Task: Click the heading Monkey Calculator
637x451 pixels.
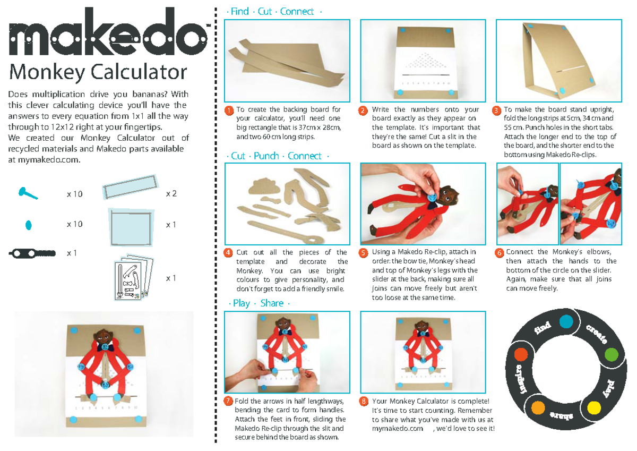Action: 98,72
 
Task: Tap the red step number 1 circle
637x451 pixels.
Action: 229,110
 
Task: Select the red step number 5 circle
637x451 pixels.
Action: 364,253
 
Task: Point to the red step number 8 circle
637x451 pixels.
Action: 364,401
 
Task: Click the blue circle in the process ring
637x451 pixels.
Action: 566,321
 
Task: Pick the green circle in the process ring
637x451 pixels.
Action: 612,354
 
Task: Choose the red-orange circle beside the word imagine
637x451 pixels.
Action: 521,354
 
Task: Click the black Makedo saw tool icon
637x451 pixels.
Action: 32,253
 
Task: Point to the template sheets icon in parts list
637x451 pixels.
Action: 133,278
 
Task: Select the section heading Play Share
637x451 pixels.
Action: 258,303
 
